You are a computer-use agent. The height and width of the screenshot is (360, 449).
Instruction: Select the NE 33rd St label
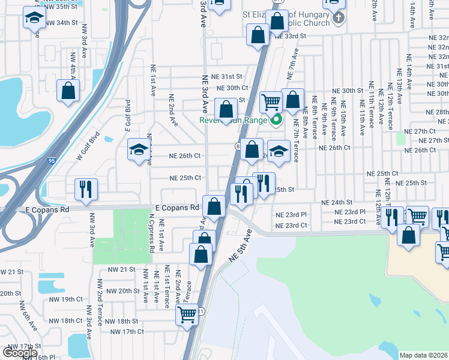pyautogui.click(x=291, y=36)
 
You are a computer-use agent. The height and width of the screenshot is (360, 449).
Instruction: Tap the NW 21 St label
pyautogui.click(x=11, y=271)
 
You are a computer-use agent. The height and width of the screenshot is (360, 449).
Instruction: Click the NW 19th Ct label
pyautogui.click(x=71, y=299)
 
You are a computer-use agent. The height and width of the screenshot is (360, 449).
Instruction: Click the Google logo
pyautogui.click(x=20, y=353)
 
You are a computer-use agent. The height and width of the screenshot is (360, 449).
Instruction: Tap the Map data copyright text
pyautogui.click(x=424, y=355)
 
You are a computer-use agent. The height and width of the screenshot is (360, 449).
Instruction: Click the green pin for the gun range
pyautogui.click(x=277, y=119)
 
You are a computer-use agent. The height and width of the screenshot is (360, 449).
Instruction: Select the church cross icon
pyautogui.click(x=339, y=17)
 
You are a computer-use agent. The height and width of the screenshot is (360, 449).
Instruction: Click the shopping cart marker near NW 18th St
pyautogui.click(x=187, y=314)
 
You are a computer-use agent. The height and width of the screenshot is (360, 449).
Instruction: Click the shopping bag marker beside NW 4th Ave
pyautogui.click(x=68, y=91)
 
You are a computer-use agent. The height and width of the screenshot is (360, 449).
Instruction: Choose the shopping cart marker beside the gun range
pyautogui.click(x=271, y=101)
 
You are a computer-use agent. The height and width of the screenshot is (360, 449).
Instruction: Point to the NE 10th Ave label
pyautogui.click(x=343, y=120)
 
